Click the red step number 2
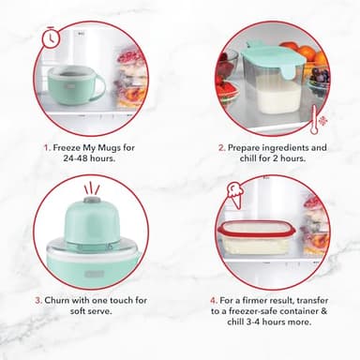coord(221,147)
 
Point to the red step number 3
coord(38,300)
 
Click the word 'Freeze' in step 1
coord(64,147)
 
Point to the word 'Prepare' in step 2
coord(248,147)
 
